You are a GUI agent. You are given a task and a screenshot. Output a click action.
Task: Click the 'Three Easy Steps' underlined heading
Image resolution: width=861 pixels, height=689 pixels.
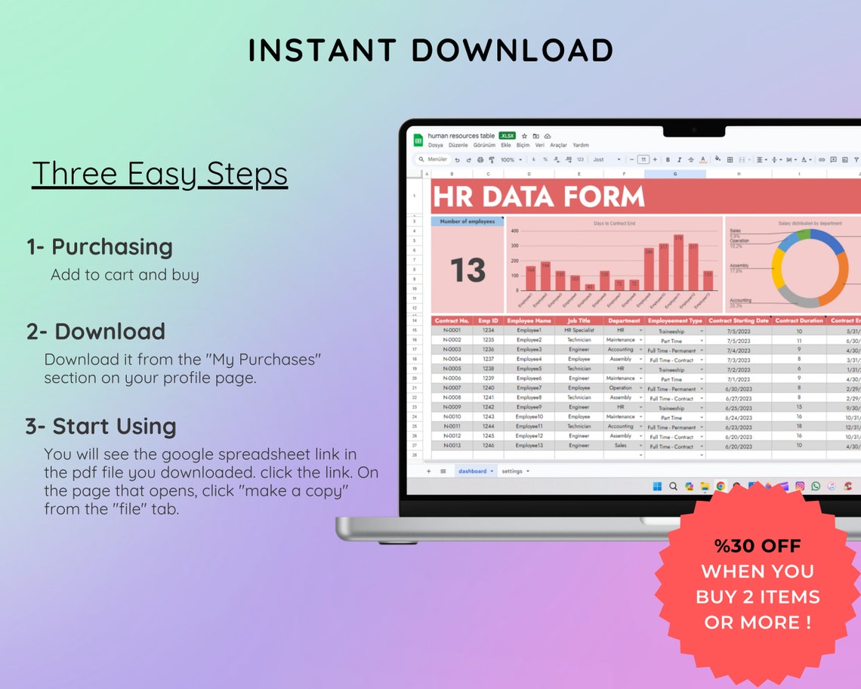(x=159, y=174)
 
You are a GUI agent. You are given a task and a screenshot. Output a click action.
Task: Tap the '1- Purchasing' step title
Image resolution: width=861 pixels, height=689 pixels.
(x=100, y=247)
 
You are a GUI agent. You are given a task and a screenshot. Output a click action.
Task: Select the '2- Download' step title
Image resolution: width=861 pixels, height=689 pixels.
(x=96, y=332)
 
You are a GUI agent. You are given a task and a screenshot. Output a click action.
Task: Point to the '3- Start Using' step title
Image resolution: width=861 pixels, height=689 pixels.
(x=100, y=426)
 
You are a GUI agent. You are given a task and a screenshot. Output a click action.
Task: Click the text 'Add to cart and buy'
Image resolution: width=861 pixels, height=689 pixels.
(x=125, y=275)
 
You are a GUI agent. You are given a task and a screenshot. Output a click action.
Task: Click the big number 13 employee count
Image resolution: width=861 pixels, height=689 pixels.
(x=468, y=270)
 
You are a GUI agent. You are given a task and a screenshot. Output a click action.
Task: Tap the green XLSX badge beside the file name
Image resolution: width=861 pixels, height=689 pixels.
(x=507, y=136)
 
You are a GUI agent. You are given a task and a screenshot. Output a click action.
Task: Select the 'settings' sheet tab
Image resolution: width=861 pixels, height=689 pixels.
(x=513, y=471)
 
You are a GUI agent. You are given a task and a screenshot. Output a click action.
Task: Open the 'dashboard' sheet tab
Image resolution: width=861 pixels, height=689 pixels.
(x=473, y=471)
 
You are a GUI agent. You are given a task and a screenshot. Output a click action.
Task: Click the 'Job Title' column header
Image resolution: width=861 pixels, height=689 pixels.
(x=579, y=321)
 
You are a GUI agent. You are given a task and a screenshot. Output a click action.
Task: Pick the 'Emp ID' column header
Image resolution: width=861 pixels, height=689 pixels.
(x=489, y=321)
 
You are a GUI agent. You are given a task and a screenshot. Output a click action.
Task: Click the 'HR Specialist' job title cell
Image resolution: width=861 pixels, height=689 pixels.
(x=579, y=330)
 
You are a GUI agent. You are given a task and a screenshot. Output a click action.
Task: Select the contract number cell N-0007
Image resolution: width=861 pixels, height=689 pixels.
(x=452, y=388)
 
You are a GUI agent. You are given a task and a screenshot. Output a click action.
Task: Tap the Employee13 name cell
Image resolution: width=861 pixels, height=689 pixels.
(x=529, y=446)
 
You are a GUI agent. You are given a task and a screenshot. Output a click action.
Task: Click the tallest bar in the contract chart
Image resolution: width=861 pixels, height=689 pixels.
(x=678, y=264)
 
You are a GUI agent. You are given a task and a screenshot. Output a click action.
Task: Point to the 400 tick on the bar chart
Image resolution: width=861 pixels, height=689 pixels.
(x=514, y=231)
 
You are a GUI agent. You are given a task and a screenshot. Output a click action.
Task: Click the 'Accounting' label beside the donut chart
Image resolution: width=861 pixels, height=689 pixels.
(x=740, y=299)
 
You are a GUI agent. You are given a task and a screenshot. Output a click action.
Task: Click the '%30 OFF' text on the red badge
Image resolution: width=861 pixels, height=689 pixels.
(x=758, y=546)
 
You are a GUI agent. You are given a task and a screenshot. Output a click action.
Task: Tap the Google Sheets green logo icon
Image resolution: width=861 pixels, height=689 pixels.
(x=418, y=141)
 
